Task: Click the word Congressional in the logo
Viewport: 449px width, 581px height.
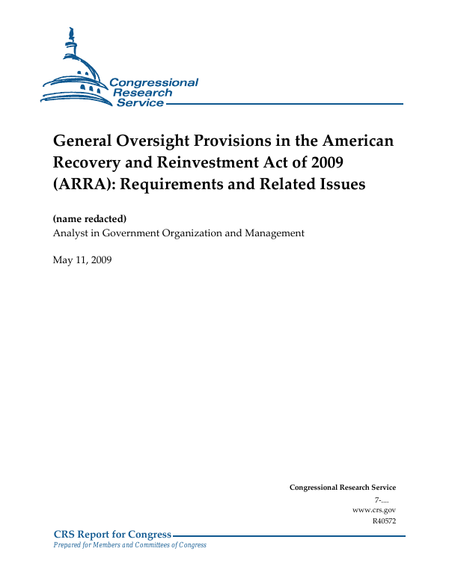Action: [x=153, y=82]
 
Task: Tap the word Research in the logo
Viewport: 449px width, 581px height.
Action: [x=143, y=93]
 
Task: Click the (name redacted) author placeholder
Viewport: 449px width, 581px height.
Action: [x=89, y=219]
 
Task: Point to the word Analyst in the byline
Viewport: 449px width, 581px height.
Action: [x=70, y=233]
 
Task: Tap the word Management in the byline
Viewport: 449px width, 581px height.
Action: [x=274, y=233]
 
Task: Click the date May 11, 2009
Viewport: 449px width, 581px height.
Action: [x=82, y=259]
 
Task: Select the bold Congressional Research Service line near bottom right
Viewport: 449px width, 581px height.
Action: [x=342, y=488]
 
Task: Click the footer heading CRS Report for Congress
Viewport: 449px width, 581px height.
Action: [x=112, y=534]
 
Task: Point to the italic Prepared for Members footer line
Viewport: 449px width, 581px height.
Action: [x=129, y=545]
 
